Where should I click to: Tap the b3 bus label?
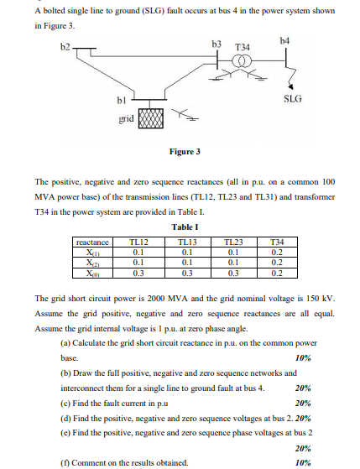pos(216,42)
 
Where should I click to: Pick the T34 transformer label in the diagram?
pos(243,46)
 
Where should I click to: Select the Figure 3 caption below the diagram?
pos(185,152)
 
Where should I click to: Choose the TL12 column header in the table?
pos(140,241)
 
